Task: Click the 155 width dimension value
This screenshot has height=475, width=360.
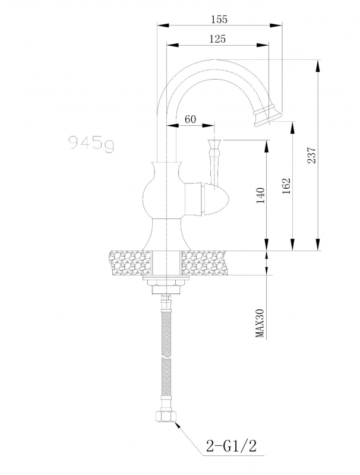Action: click(x=219, y=19)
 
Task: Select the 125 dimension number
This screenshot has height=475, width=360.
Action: click(x=217, y=39)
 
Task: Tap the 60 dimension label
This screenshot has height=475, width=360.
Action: click(x=190, y=119)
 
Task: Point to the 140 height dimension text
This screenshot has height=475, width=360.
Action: click(x=261, y=195)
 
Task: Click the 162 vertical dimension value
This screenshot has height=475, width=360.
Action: click(x=287, y=186)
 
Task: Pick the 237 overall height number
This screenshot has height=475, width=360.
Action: click(x=311, y=155)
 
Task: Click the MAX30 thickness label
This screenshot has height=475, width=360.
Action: click(x=260, y=323)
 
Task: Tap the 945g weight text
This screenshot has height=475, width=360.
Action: click(x=91, y=142)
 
